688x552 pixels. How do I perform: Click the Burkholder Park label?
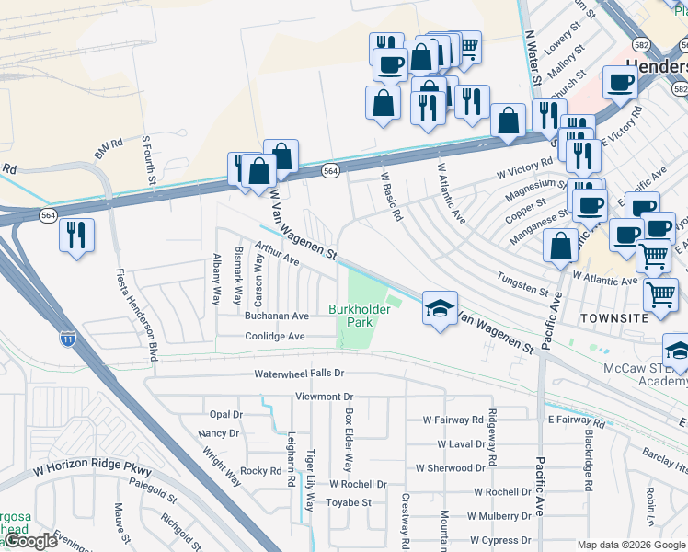click(x=360, y=316)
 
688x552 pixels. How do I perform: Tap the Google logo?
click(x=30, y=541)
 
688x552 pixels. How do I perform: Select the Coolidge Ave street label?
click(x=275, y=337)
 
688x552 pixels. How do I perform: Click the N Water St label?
click(x=531, y=57)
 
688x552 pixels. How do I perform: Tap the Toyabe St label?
click(x=349, y=502)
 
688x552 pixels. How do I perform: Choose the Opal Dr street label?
click(x=225, y=414)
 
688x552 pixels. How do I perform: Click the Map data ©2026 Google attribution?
click(x=631, y=545)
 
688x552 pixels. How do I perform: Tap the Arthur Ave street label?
click(x=279, y=254)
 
